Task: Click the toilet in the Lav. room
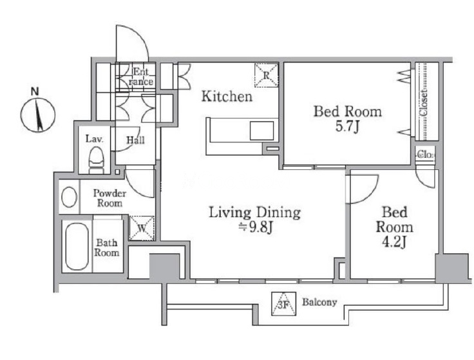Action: click(x=96, y=160)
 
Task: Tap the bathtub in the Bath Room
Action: click(x=77, y=247)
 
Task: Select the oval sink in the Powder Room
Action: click(x=69, y=197)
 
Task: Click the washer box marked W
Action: click(x=142, y=228)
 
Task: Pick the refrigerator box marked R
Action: click(x=267, y=75)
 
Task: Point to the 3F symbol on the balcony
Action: click(x=283, y=304)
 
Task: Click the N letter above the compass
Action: click(x=35, y=91)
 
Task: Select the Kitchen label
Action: click(x=227, y=97)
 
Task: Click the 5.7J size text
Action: click(x=347, y=127)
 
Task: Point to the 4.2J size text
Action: click(x=394, y=242)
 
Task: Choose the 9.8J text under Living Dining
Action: click(x=256, y=227)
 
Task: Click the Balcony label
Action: click(x=319, y=302)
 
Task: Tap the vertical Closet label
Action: click(x=424, y=102)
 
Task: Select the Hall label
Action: click(x=135, y=140)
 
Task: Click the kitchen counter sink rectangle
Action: click(x=261, y=131)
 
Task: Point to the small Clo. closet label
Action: click(x=426, y=155)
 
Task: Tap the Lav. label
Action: click(x=94, y=139)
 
